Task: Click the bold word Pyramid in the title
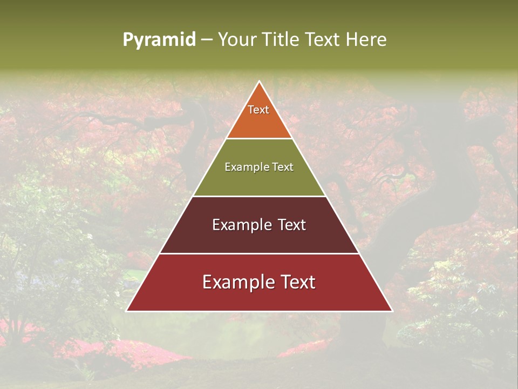click(159, 40)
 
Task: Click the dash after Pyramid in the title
click(207, 40)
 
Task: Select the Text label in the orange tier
click(258, 110)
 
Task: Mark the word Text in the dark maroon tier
click(292, 225)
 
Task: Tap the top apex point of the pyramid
click(260, 82)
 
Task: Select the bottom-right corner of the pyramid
click(392, 311)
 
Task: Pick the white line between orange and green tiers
click(260, 139)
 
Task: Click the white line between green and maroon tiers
click(260, 196)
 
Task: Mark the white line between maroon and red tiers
click(260, 253)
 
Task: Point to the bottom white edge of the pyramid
click(260, 311)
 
